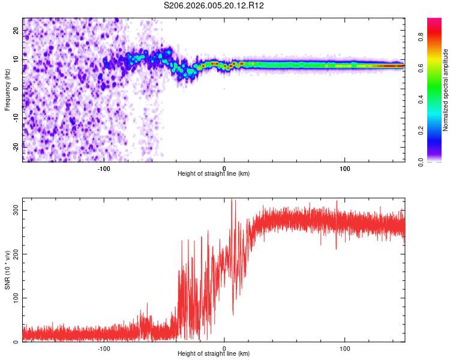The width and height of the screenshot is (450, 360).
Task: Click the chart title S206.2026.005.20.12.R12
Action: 214,5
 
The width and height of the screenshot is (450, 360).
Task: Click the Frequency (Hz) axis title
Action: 7,89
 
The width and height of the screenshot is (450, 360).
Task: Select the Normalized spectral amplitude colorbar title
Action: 446,89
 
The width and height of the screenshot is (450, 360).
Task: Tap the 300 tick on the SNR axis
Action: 15,210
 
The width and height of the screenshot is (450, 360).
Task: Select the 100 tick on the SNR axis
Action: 15,298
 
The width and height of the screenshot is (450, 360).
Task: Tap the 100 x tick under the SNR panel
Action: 345,347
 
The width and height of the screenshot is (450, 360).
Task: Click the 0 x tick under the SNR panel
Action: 224,347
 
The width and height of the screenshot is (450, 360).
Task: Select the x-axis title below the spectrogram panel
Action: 214,174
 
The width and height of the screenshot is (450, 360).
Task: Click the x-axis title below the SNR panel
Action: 214,354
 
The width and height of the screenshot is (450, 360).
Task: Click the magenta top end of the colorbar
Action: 434,20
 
